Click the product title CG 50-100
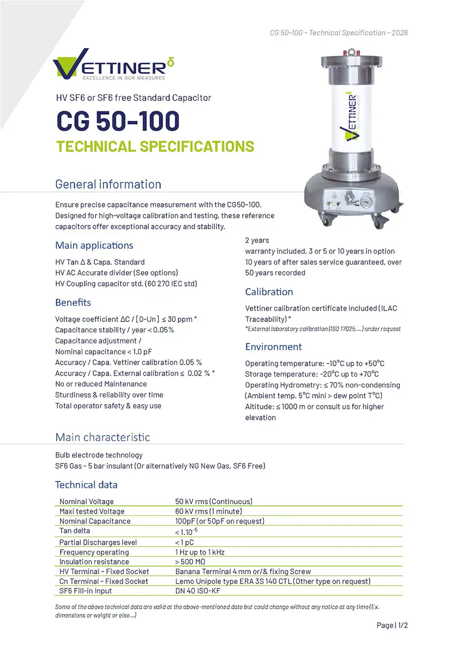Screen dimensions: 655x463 point(117,121)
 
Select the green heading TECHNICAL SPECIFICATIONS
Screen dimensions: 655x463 point(154,146)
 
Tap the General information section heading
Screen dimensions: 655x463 point(108,184)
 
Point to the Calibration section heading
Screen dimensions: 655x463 point(269,292)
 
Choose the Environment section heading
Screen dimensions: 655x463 point(273,347)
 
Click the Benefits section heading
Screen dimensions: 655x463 point(73,302)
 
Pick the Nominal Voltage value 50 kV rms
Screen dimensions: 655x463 point(213,501)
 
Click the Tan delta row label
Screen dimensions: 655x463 point(75,531)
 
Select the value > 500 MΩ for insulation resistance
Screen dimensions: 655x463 point(190,562)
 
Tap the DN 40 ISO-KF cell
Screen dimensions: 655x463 point(199,591)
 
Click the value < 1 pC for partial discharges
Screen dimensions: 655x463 point(184,542)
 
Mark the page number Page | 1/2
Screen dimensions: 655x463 point(392,625)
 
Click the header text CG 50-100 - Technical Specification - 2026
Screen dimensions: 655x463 point(339,33)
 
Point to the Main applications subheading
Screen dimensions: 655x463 point(94,245)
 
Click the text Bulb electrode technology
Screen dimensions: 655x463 point(99,455)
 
